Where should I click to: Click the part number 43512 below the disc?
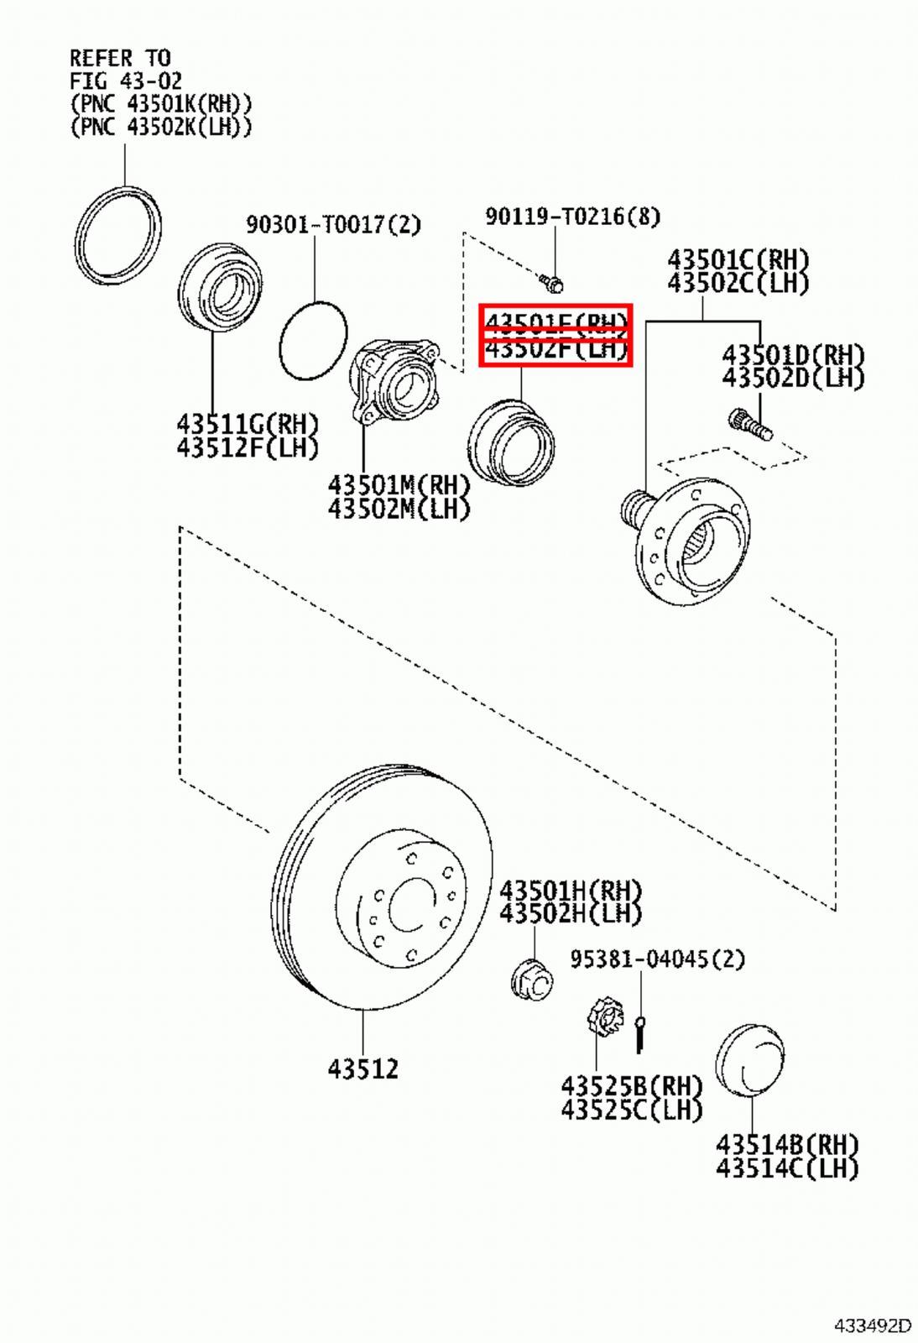click(363, 1069)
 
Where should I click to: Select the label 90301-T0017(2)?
click(333, 225)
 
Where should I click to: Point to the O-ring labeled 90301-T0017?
click(313, 341)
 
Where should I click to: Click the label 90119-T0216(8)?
click(572, 217)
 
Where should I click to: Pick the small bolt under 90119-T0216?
click(551, 282)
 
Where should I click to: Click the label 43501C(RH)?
click(738, 259)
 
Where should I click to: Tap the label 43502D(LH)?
click(793, 379)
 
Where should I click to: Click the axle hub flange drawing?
click(688, 537)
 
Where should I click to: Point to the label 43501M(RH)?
click(399, 485)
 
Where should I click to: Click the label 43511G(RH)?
click(248, 424)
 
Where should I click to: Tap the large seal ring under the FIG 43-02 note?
click(117, 236)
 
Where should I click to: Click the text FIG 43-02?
click(126, 81)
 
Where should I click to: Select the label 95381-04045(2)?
click(657, 959)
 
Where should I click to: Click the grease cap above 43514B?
click(750, 1059)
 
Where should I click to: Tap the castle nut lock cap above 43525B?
click(604, 1018)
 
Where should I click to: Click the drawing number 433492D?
click(871, 1326)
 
